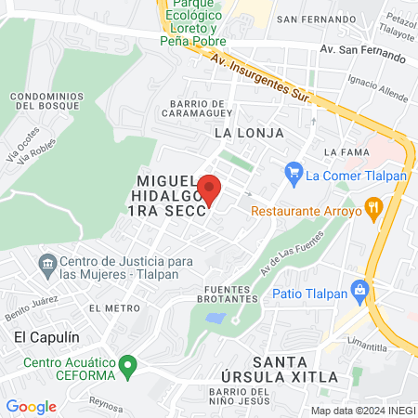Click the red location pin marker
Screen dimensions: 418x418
pos(209,188)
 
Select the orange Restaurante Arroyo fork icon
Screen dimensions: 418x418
pos(374,208)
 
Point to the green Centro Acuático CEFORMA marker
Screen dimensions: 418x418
pos(130,364)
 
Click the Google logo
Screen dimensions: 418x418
pos(31,406)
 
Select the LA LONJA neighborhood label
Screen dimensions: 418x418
pos(249,133)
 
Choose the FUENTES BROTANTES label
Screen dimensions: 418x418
pos(229,294)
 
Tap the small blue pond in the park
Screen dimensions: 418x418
pos(216,318)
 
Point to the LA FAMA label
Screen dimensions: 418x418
pos(341,151)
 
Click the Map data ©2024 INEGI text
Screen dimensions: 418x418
pos(362,410)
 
